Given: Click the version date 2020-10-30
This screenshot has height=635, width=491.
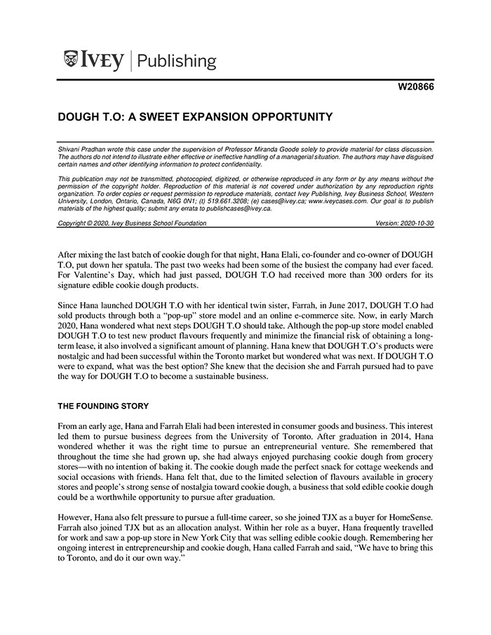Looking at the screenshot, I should point(415,223).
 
